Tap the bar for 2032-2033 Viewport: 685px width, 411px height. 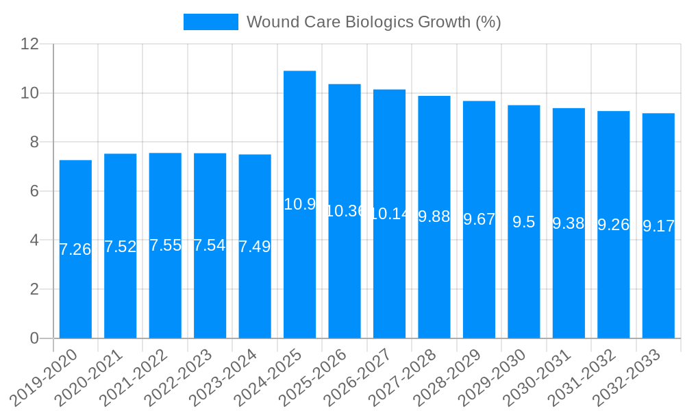[658, 225]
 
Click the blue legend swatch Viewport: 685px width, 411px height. [210, 22]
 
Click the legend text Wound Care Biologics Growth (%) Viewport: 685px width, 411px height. [373, 22]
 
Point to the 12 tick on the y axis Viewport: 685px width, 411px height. [30, 44]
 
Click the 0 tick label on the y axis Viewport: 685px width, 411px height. [35, 338]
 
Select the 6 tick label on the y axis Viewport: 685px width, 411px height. [35, 191]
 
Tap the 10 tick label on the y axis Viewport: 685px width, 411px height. [30, 93]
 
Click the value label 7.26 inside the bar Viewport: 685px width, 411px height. [75, 249]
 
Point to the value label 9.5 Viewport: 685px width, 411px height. [524, 222]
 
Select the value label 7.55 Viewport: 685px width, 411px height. [165, 245]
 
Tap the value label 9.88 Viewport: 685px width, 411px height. [434, 216]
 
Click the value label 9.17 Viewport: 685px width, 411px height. [658, 226]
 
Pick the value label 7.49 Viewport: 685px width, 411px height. [255, 247]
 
